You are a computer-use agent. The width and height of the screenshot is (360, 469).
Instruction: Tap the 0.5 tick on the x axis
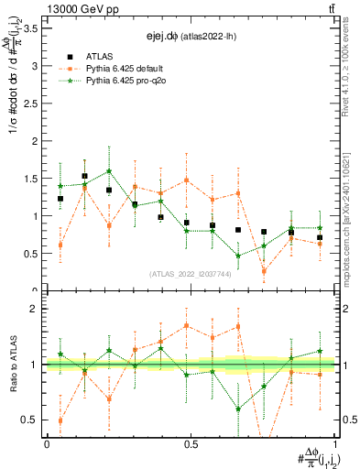click(x=191, y=443)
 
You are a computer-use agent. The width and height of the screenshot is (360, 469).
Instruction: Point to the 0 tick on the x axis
click(x=47, y=443)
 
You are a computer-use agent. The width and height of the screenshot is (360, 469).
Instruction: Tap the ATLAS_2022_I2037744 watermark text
click(x=191, y=273)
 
